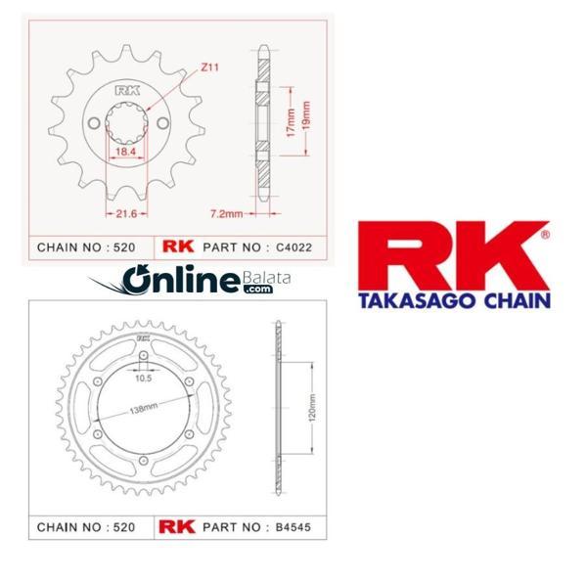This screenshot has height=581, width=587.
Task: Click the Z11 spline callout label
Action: click(209, 67)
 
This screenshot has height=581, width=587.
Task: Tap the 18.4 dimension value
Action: click(125, 152)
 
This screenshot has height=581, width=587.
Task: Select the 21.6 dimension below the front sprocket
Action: click(126, 213)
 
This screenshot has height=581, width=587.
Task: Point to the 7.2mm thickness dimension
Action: click(227, 213)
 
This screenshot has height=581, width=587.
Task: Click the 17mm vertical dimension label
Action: click(291, 123)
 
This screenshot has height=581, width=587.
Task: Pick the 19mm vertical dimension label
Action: click(306, 115)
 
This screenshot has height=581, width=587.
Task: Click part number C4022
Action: click(293, 247)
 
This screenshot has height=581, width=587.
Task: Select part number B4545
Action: click(293, 527)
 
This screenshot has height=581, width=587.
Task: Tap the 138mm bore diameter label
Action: click(144, 408)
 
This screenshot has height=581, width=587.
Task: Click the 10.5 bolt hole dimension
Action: click(144, 379)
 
